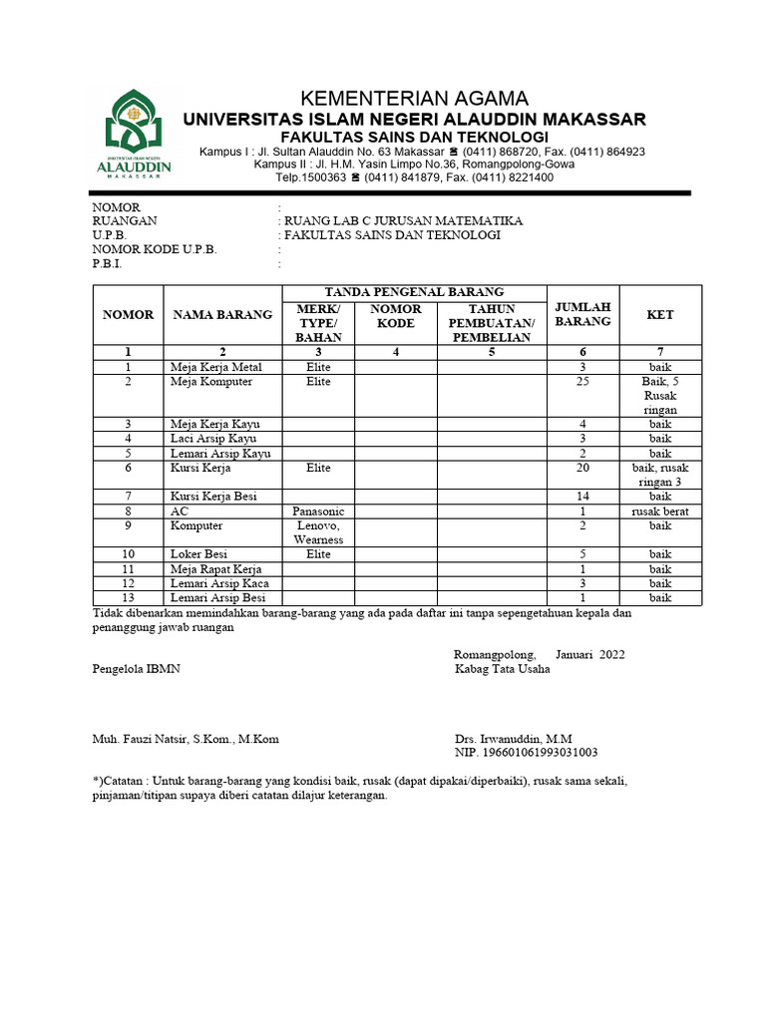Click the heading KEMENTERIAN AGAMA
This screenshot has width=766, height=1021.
point(414,98)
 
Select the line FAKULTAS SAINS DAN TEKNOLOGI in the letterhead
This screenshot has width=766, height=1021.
point(414,137)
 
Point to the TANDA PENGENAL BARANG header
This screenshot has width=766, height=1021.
point(414,291)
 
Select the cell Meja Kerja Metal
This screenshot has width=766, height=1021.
point(215,368)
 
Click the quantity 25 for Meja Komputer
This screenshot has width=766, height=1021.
point(583,382)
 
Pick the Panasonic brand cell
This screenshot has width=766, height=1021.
point(318,511)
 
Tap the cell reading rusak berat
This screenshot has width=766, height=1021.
point(659,511)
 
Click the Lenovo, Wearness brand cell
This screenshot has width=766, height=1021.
point(318,532)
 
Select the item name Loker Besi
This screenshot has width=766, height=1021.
point(198,553)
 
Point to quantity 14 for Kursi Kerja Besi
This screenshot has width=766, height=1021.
point(583,496)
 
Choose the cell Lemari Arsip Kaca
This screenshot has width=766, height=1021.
point(219,583)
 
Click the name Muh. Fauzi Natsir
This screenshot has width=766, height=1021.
point(186,739)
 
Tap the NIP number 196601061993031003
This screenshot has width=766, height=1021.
point(526,753)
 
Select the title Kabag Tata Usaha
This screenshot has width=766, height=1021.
point(502,669)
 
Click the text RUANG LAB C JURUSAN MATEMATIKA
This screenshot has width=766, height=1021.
point(403,221)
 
